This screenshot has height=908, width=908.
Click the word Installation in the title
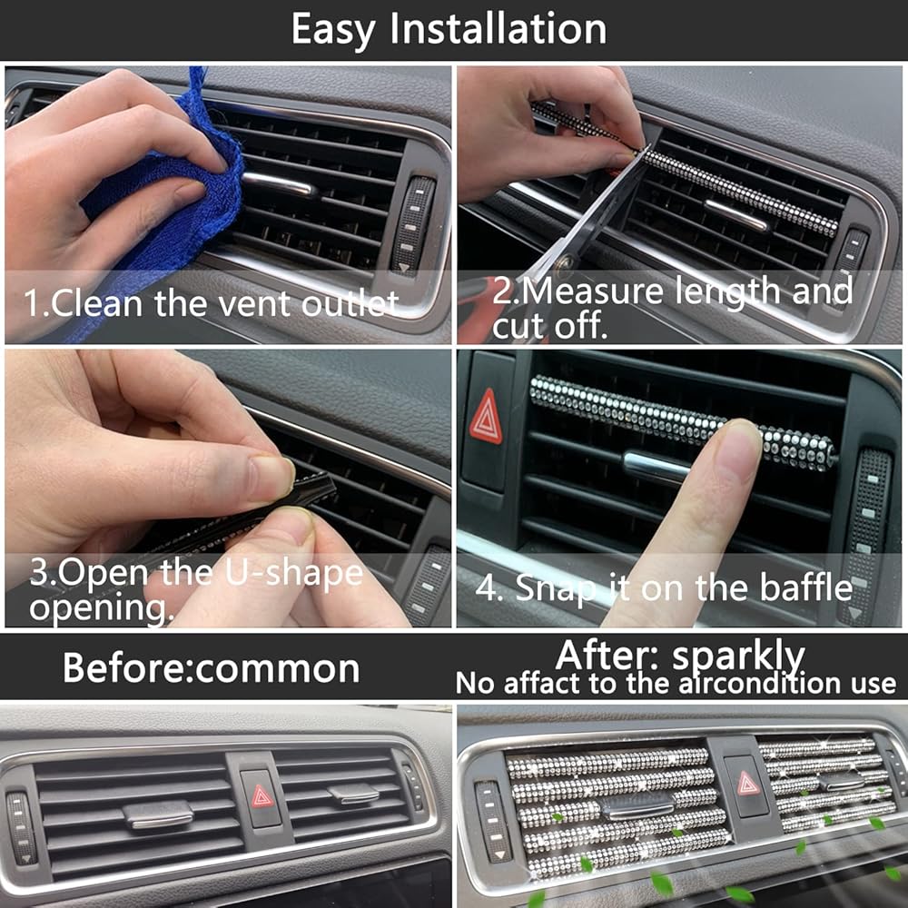point(498,28)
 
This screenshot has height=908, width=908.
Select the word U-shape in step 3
point(293,573)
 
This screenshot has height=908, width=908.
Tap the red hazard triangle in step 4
point(486,417)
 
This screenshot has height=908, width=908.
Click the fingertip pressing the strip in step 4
point(735,447)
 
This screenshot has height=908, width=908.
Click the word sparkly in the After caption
point(738,657)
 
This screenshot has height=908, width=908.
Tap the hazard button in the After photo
point(747,785)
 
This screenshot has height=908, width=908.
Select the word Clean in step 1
point(96,302)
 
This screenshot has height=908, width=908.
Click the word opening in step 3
point(101,608)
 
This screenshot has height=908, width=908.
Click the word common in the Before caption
point(277,670)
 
